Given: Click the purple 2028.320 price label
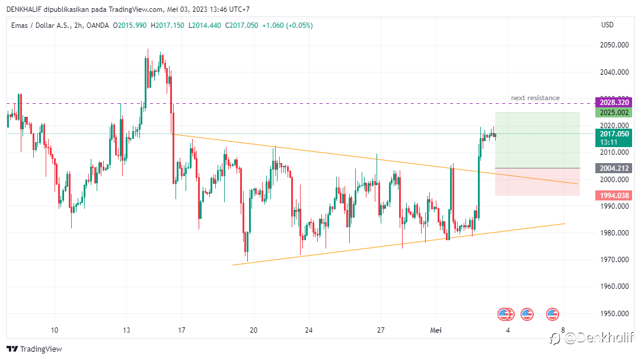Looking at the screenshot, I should tap(614, 102).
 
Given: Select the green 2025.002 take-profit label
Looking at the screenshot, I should tap(614, 112).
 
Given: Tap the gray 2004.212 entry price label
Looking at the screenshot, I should tap(614, 168).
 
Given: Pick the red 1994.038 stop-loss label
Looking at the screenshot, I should tap(614, 195).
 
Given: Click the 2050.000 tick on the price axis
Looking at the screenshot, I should tap(614, 45).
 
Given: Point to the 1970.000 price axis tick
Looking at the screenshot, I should tap(614, 260).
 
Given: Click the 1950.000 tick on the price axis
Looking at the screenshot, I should tap(614, 314).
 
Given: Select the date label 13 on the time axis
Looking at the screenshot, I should tap(126, 330).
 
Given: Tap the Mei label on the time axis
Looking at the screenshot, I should tap(435, 330).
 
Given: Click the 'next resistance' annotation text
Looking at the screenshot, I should tap(535, 98).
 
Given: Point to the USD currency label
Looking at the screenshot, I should tap(607, 25).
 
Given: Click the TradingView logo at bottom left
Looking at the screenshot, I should tap(34, 349).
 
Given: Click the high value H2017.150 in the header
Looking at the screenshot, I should tap(167, 25).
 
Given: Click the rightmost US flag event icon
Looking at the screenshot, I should tap(553, 314).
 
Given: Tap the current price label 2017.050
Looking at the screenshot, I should tap(614, 134).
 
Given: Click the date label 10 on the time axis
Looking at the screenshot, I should tap(55, 330).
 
